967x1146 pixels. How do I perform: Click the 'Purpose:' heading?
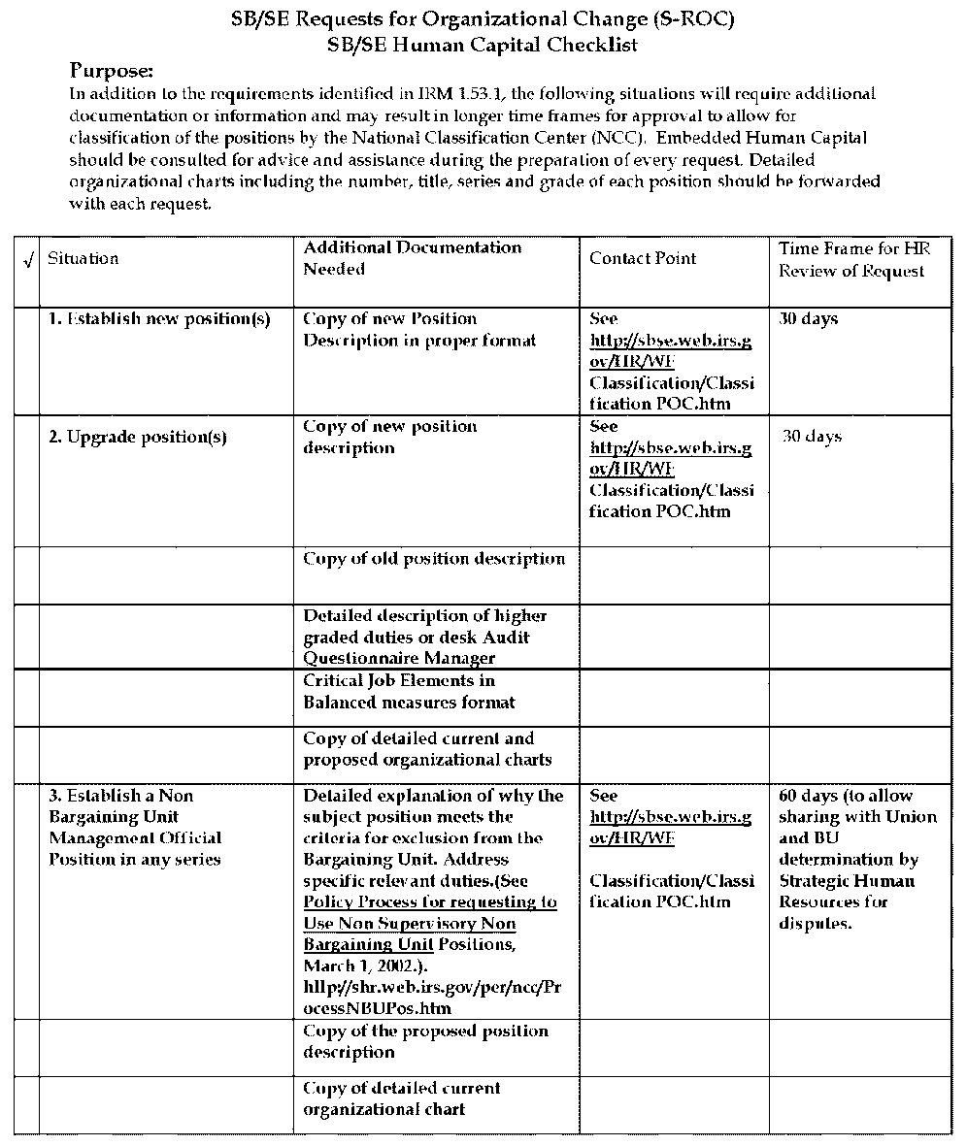(x=113, y=71)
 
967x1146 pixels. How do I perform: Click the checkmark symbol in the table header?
(x=26, y=260)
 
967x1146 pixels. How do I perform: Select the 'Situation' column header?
(x=83, y=258)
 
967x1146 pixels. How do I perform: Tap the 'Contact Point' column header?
(x=643, y=258)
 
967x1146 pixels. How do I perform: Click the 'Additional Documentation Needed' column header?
(x=413, y=258)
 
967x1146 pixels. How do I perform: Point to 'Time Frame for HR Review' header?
(x=854, y=260)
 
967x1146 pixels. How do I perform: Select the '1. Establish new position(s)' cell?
(x=159, y=319)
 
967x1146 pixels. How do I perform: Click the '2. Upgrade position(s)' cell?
(x=138, y=437)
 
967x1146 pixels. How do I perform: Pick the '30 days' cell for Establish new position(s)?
(x=808, y=319)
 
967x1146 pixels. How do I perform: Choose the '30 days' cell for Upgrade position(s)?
(x=812, y=437)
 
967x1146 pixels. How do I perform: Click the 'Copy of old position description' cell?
(x=434, y=559)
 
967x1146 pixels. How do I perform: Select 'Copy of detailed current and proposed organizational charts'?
(x=427, y=749)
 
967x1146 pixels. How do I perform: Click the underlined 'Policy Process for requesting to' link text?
(x=430, y=902)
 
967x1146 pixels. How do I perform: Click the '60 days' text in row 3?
(x=809, y=796)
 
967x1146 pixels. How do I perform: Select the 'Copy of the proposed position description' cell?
(x=425, y=1041)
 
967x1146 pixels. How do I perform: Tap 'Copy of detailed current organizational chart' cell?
(x=402, y=1098)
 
